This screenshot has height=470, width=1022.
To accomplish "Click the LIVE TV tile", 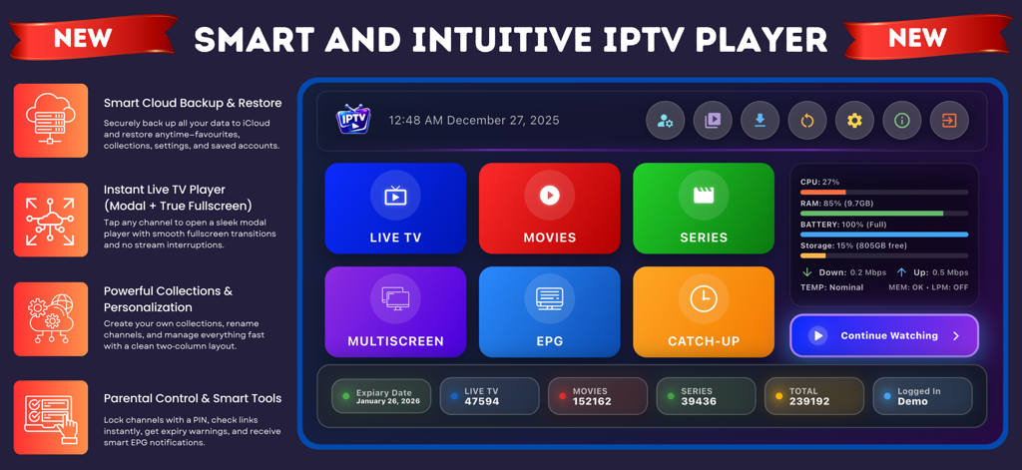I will point(395,208).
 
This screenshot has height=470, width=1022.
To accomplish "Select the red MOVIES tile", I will point(549,208).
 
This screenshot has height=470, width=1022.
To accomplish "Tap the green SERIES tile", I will point(704,208).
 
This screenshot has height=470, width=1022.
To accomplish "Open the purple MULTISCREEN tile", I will point(395,311).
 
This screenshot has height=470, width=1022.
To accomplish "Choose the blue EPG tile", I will point(549,311).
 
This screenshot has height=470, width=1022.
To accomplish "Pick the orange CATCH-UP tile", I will point(704,311).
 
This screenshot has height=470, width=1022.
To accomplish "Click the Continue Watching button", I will point(884,336).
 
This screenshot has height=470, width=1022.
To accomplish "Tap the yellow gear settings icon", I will point(854,121).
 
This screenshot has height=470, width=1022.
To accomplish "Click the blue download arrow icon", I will point(760,121).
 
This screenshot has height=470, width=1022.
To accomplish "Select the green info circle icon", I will point(902,121).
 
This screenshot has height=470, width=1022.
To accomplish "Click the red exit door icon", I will point(949,121).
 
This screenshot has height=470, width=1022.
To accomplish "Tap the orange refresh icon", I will point(807,121).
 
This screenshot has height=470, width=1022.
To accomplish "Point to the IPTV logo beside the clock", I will point(353,121).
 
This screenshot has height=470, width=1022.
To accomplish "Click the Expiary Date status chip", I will point(381,396).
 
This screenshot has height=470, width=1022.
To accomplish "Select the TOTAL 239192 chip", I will point(813,396).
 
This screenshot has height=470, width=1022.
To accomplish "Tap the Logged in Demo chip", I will point(921,396).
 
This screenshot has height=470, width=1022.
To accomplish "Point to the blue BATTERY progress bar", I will point(883,235).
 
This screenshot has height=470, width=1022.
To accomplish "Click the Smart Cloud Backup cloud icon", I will point(51,121).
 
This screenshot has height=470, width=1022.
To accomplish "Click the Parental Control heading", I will point(192,398).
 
